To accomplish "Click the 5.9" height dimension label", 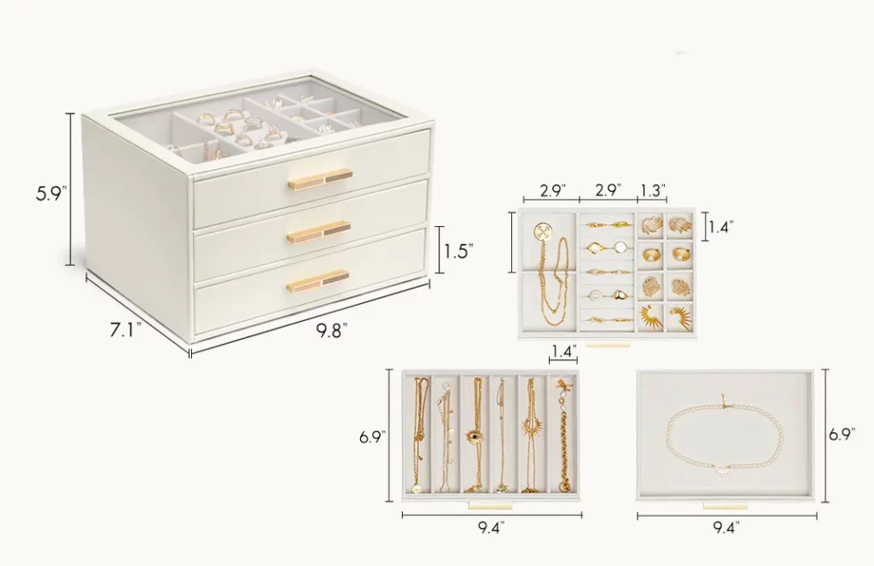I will click(x=50, y=194).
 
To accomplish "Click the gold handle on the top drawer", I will click(x=320, y=178).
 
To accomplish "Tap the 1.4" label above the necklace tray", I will click(x=562, y=350).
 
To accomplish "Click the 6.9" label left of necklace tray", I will click(x=371, y=437).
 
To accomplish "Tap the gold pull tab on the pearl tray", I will click(x=724, y=505).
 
